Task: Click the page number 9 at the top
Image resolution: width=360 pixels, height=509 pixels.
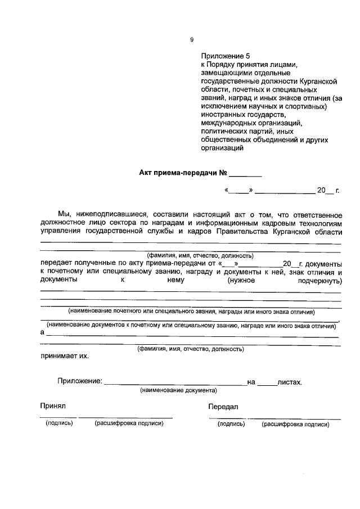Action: pos(192,39)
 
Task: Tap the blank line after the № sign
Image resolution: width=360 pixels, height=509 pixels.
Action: pos(245,175)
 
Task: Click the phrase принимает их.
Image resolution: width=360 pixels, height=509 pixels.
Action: pos(64,356)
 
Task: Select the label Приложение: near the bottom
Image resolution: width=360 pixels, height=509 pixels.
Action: pos(79,382)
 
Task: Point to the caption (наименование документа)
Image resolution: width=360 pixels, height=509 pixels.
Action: pos(178,390)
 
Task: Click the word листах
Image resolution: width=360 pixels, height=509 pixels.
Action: pos(290,382)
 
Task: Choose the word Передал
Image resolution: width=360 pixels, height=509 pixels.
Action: pos(223,407)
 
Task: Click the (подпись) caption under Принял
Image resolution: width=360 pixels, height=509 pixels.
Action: pos(59,424)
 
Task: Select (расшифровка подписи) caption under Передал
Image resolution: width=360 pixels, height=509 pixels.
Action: pos(295,425)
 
